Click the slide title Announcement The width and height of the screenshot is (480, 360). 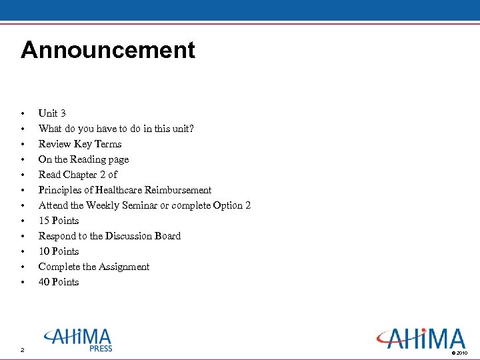coord(108,51)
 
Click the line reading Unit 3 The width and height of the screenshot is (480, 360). coord(52,113)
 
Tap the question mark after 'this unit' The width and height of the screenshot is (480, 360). coord(191,129)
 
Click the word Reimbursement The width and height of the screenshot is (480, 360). coord(180,190)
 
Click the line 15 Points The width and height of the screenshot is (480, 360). coord(59,221)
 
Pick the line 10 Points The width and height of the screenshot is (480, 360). coord(59,251)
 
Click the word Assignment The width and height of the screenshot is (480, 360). coord(124,267)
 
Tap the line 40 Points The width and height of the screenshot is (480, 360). coord(59,282)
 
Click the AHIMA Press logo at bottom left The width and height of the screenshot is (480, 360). coord(79,339)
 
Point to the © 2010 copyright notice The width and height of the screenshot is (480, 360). coord(460,352)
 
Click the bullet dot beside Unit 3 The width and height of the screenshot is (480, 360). coord(23,113)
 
